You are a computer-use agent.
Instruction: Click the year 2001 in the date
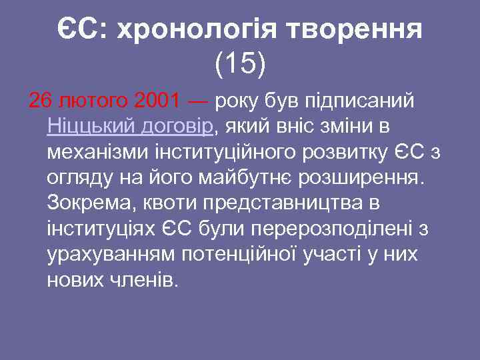[x=157, y=101]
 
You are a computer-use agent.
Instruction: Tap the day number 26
[x=40, y=101]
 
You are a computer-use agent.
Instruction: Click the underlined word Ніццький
[x=87, y=127]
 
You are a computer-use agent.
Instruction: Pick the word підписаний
[x=359, y=101]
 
